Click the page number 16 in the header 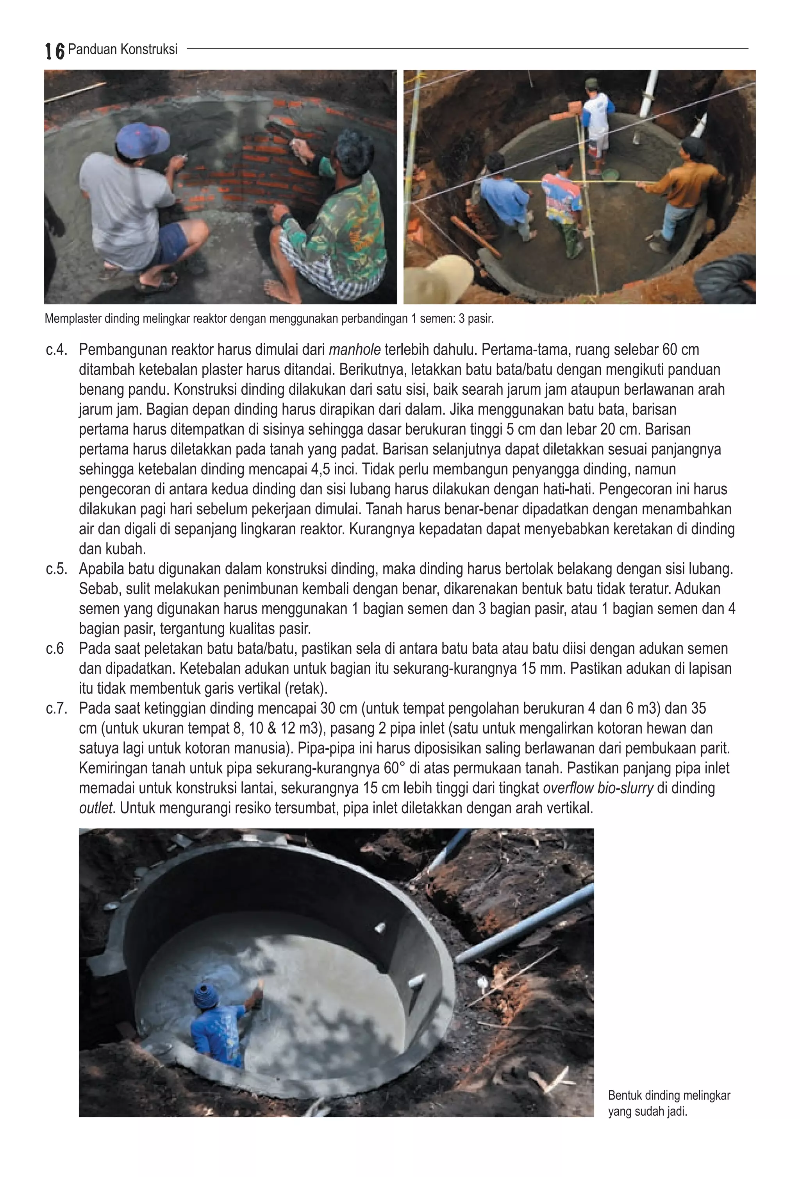click(x=55, y=51)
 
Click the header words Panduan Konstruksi click(x=123, y=49)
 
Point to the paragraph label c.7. click(x=56, y=708)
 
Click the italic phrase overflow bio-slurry click(x=598, y=789)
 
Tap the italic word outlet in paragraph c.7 click(x=96, y=808)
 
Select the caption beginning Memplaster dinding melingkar click(x=269, y=319)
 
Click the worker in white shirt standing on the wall click(x=598, y=122)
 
